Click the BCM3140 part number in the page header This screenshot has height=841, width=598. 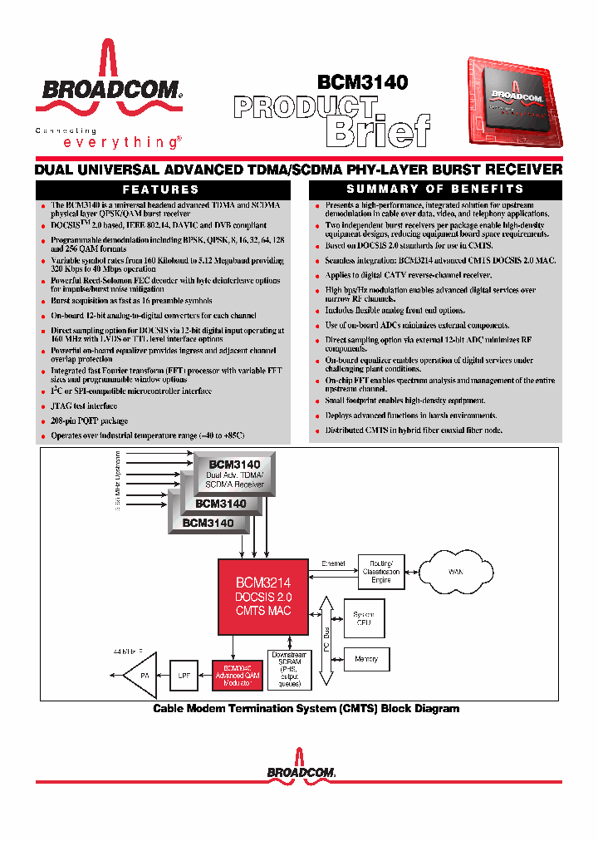(362, 82)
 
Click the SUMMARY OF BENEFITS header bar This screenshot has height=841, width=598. (434, 189)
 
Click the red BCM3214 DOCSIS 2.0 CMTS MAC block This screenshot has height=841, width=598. (262, 598)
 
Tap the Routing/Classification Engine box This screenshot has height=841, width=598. (380, 572)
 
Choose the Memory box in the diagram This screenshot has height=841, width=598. (366, 659)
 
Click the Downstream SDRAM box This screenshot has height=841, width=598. (289, 671)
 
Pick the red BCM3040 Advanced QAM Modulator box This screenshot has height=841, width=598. (238, 675)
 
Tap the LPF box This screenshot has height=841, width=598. (184, 676)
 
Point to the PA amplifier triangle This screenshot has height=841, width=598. (140, 676)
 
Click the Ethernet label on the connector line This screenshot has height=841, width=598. (333, 563)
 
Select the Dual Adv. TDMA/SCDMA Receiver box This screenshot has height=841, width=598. (234, 475)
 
